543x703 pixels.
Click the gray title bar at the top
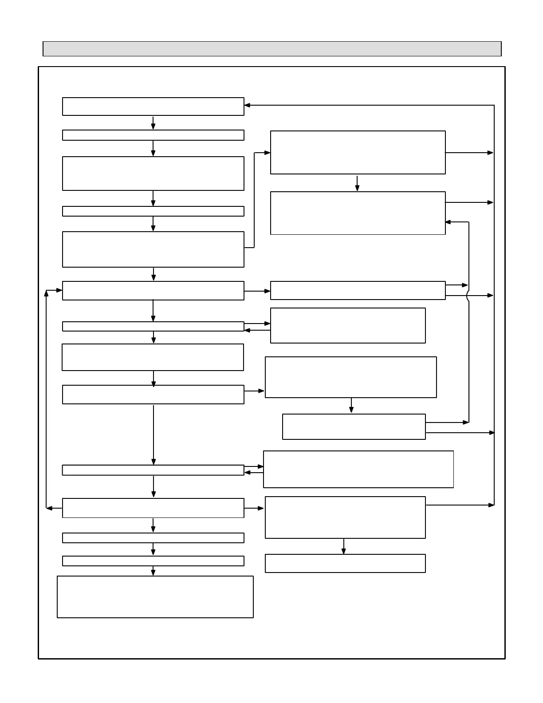pyautogui.click(x=272, y=49)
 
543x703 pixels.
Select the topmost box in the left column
pyautogui.click(x=153, y=107)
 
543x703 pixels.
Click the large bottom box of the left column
pyautogui.click(x=155, y=596)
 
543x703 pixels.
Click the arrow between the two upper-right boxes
pyautogui.click(x=357, y=183)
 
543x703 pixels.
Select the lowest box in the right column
pyautogui.click(x=345, y=563)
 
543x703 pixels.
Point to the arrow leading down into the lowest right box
pyautogui.click(x=343, y=547)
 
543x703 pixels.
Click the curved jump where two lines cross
pyautogui.click(x=468, y=296)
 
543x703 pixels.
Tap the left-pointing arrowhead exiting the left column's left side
pyautogui.click(x=50, y=508)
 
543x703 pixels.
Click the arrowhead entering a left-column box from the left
pyautogui.click(x=59, y=290)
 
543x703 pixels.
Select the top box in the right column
pyautogui.click(x=358, y=152)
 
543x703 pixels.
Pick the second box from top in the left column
pyautogui.click(x=153, y=135)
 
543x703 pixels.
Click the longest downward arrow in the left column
pyautogui.click(x=153, y=435)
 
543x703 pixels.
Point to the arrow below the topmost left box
pyautogui.click(x=153, y=122)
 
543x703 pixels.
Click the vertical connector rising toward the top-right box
pyautogui.click(x=254, y=200)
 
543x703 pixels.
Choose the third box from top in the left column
pyautogui.click(x=153, y=174)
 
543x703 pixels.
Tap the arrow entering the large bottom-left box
pyautogui.click(x=153, y=571)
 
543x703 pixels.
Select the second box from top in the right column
pyautogui.click(x=358, y=213)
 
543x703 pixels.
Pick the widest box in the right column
pyautogui.click(x=358, y=469)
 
